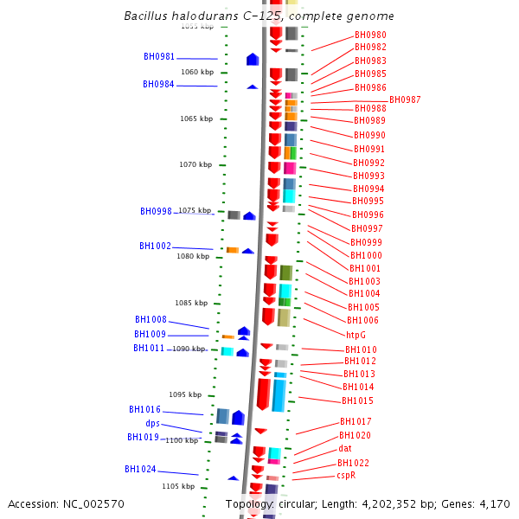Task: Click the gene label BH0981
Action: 159,57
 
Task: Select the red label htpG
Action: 356,334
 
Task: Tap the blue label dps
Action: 152,423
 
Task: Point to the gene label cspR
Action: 346,475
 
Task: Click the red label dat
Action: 344,449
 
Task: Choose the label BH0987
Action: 405,100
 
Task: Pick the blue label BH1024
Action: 140,469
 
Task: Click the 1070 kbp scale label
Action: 195,164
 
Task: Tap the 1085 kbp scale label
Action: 191,303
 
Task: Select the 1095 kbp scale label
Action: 185,394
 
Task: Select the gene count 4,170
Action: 493,504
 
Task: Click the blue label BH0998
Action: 156,211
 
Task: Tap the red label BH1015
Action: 357,400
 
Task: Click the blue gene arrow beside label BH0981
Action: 253,60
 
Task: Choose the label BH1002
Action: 155,246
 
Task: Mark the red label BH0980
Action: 370,35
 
